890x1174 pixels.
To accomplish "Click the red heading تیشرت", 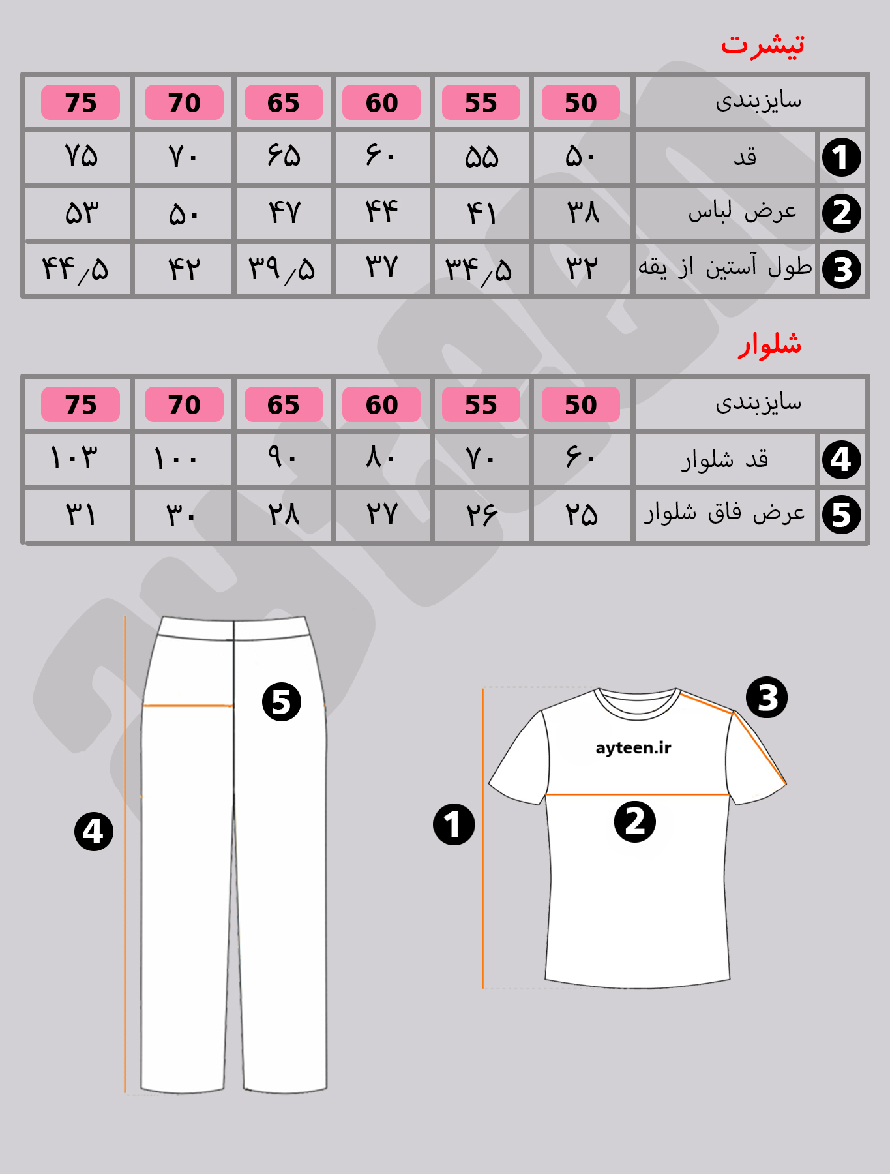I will point(762,44).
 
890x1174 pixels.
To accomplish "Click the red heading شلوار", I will point(769,344).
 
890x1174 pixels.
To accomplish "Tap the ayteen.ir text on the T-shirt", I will point(633,747).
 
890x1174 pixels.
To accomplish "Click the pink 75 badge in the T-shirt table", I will point(80,102).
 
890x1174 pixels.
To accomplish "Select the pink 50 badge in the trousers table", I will point(580,404).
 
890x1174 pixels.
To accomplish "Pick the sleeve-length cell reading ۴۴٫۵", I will point(75,269).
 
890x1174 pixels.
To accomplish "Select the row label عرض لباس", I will point(742,211).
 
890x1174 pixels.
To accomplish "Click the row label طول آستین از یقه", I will point(725,267).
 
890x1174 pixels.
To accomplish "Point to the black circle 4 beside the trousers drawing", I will point(94,832).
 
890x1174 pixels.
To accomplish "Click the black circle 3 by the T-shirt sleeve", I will point(767,697).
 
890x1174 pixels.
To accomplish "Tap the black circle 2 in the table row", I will point(841,213).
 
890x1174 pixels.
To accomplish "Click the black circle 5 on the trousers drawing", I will point(281,702).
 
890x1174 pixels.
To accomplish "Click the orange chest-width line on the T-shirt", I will point(637,794).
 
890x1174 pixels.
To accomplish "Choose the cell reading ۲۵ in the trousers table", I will point(581,515).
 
